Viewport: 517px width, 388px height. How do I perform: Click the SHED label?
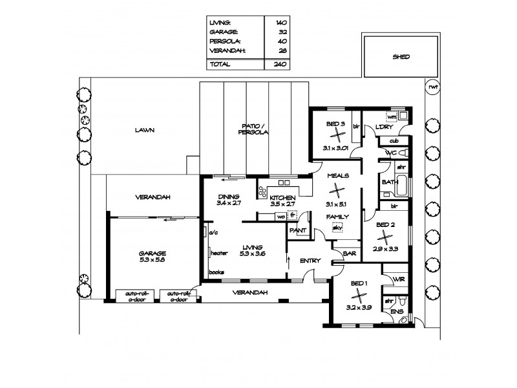click(401, 57)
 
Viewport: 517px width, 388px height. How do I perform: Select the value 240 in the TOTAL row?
click(279, 65)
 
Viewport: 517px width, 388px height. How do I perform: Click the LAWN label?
click(145, 130)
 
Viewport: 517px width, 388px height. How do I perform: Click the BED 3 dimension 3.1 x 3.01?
click(335, 147)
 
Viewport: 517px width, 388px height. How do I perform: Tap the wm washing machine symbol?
click(390, 116)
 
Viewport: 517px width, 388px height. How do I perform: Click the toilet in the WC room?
click(402, 153)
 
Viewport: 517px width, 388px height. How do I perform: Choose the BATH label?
click(389, 182)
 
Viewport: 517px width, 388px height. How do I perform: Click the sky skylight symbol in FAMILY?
click(336, 228)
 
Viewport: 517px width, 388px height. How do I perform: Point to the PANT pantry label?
click(297, 230)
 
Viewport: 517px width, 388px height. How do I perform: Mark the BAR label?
click(350, 253)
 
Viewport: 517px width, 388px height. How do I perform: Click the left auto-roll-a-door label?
click(133, 296)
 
